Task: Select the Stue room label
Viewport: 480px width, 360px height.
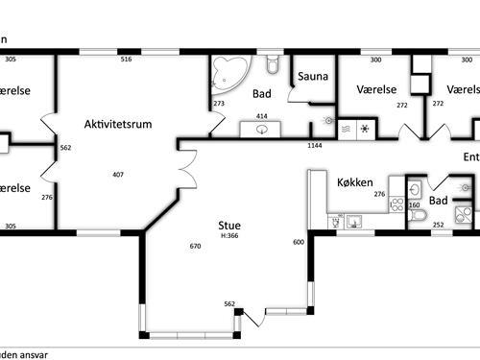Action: click(x=228, y=227)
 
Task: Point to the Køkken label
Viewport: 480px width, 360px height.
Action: click(x=355, y=180)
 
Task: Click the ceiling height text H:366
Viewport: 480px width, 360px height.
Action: click(x=229, y=236)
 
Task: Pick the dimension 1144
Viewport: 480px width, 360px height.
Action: click(x=314, y=145)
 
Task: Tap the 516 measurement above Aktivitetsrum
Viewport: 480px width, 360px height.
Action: click(x=125, y=60)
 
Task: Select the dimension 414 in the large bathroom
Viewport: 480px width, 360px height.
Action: click(x=261, y=116)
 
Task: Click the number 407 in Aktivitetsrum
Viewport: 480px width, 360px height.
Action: click(x=118, y=175)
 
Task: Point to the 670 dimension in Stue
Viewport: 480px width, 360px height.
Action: click(x=196, y=247)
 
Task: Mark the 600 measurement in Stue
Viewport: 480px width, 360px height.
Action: click(x=298, y=242)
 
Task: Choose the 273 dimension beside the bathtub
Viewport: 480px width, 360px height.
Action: click(x=219, y=104)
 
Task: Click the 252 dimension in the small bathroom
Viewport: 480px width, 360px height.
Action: click(x=438, y=225)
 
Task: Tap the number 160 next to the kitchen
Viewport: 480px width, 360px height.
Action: click(x=415, y=205)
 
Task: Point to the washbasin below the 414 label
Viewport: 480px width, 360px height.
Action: click(x=261, y=129)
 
